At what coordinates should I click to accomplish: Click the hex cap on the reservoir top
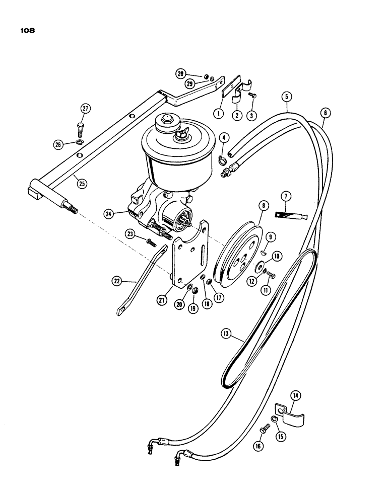coord(166,121)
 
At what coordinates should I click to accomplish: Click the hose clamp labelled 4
coord(222,160)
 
